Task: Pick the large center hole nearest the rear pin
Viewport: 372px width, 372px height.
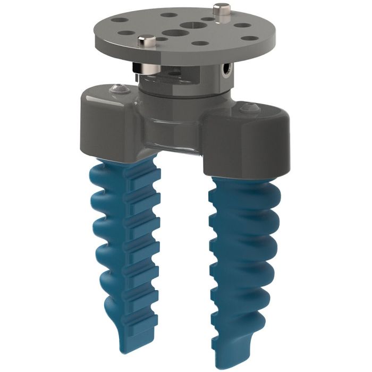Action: [x=190, y=24]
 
